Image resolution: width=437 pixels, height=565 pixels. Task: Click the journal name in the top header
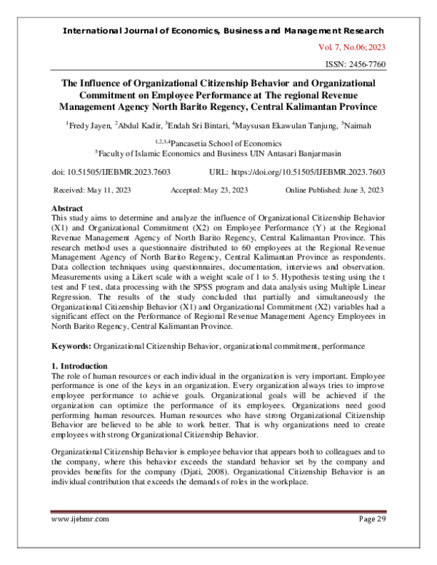[x=224, y=31]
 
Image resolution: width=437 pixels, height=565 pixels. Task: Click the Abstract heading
[x=68, y=208]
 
